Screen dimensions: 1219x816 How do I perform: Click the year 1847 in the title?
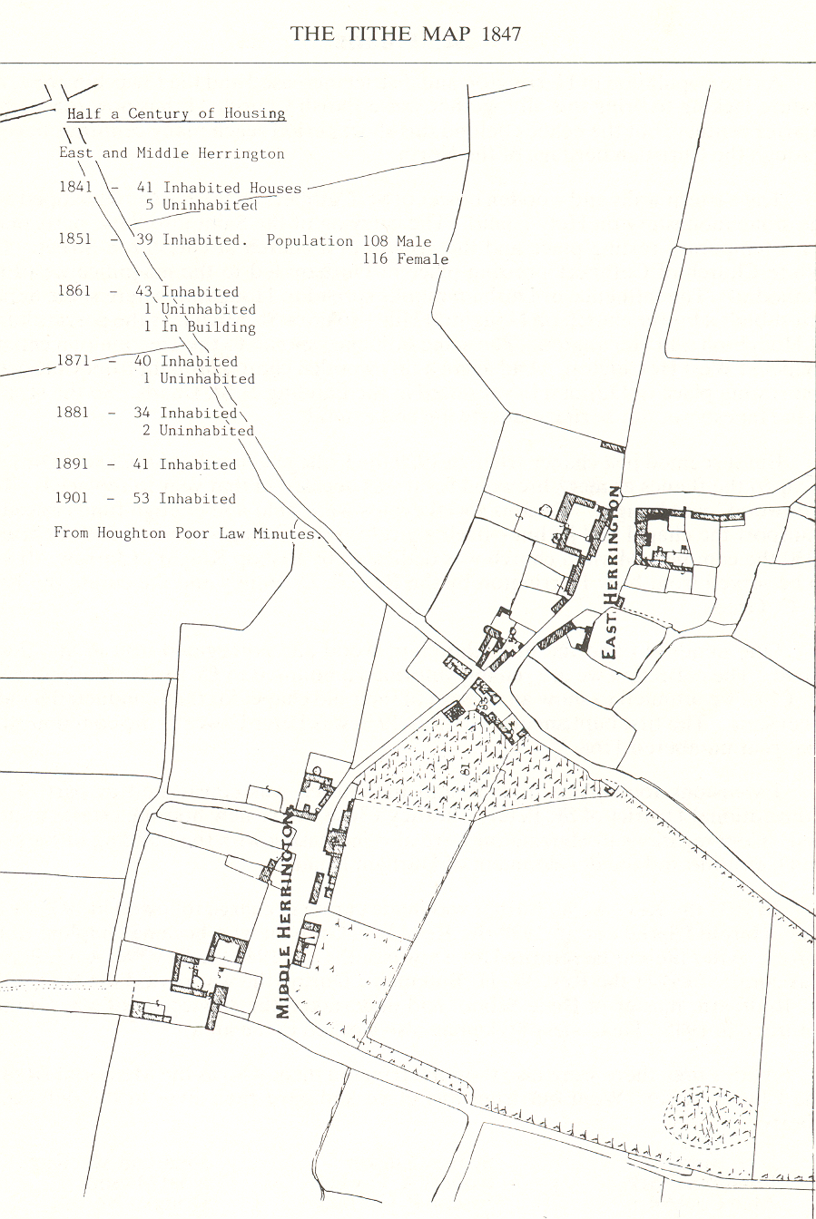click(501, 34)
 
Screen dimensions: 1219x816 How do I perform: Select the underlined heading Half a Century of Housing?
click(176, 114)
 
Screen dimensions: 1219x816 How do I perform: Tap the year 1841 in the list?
click(75, 187)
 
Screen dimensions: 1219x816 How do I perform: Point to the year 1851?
click(75, 239)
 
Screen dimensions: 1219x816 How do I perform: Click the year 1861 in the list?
click(74, 291)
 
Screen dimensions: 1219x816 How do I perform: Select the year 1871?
click(74, 360)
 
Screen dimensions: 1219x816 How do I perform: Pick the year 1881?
click(73, 412)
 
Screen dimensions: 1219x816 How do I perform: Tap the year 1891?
click(73, 463)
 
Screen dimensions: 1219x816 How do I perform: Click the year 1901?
click(73, 498)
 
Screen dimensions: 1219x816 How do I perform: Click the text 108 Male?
click(398, 241)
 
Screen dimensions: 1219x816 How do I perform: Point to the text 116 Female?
click(406, 259)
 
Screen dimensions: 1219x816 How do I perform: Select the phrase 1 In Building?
click(200, 327)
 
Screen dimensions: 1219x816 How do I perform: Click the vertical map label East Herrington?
click(614, 571)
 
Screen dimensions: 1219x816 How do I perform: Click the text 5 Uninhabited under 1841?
click(201, 205)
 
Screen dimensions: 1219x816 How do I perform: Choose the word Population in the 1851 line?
click(310, 240)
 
